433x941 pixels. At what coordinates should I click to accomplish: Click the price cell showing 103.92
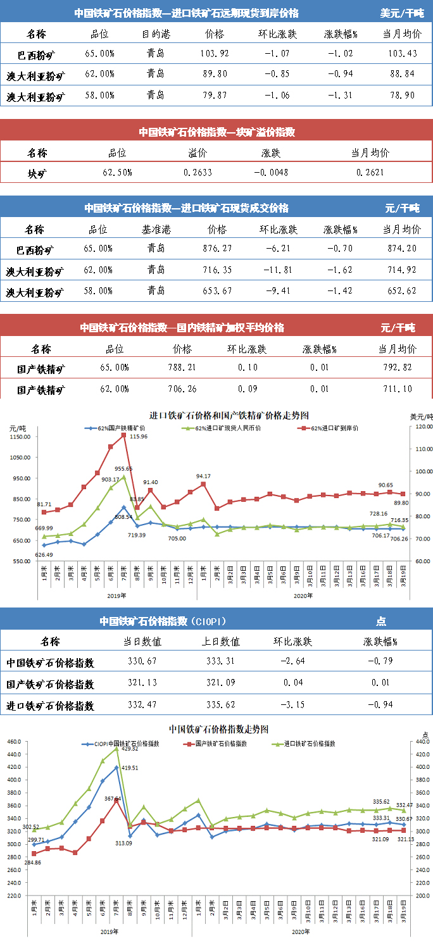coord(215,53)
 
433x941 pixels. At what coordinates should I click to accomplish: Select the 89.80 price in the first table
coord(215,74)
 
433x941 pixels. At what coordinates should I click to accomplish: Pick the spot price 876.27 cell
coord(215,249)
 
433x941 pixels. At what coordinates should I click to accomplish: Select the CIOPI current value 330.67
coord(142,662)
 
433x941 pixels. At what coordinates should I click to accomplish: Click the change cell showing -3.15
coord(293,705)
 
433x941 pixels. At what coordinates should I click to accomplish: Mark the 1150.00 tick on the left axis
coord(20,437)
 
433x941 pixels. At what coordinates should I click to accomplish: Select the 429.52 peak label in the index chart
coord(130,749)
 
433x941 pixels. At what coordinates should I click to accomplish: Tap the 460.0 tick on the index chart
coord(15,741)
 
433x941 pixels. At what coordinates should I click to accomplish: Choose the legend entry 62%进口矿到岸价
coord(330,428)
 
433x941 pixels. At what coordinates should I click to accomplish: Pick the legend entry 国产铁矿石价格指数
coord(218,744)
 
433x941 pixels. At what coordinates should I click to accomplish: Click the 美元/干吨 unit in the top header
coord(403,13)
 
